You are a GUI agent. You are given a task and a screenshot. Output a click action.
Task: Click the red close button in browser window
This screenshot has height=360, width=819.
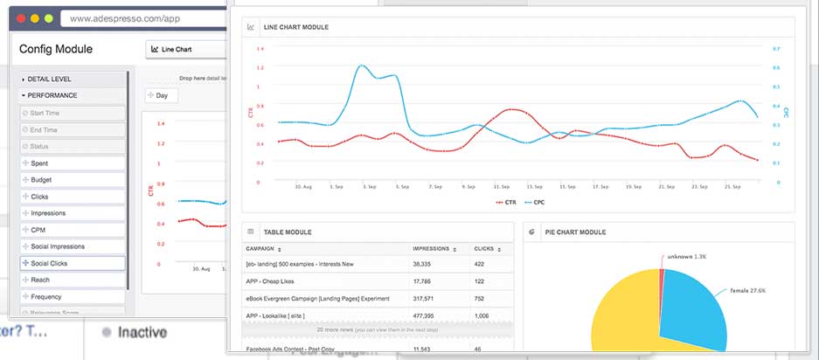[18, 17]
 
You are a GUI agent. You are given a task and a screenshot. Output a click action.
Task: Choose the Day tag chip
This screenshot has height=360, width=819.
[161, 95]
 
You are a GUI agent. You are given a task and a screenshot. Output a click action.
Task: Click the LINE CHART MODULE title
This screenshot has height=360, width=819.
[295, 28]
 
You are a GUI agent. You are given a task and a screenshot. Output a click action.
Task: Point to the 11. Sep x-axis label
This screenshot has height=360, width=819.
[501, 186]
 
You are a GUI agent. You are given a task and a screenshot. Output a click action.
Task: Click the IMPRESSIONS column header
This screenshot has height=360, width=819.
[432, 249]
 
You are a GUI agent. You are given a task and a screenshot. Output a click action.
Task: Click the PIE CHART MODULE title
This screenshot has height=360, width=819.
[576, 232]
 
